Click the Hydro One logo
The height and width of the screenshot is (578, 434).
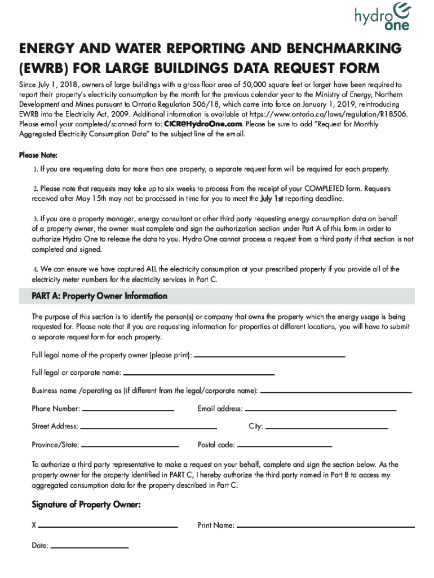(382, 17)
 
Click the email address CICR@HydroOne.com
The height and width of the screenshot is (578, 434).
(203, 124)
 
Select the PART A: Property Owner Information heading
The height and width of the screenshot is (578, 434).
(99, 296)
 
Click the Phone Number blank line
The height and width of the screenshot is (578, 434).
(128, 409)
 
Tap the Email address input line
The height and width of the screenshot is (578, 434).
(321, 409)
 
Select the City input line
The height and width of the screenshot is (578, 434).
(326, 427)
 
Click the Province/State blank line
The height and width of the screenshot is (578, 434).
(130, 445)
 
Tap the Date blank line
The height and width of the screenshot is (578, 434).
(90, 547)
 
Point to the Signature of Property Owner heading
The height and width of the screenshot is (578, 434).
(86, 505)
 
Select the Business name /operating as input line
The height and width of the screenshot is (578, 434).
(336, 391)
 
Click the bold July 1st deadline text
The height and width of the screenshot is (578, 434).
(272, 199)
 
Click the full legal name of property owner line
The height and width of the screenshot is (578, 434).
(269, 356)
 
